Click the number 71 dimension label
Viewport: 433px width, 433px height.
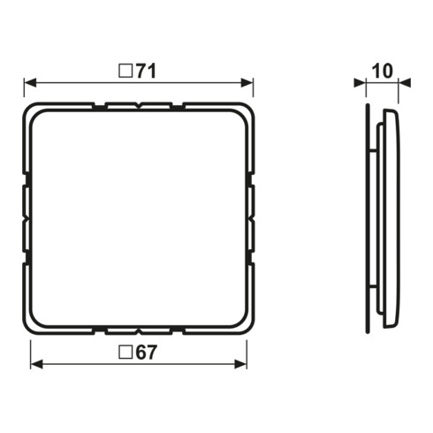[146, 72]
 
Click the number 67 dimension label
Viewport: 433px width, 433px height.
[146, 353]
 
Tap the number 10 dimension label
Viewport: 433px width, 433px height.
[383, 72]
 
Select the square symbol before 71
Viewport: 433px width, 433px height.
[125, 72]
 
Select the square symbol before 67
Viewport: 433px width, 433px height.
[125, 353]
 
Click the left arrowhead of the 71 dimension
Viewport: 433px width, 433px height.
[30, 83]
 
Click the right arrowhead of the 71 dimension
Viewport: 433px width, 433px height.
[247, 83]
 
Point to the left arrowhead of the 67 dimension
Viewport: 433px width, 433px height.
[36, 364]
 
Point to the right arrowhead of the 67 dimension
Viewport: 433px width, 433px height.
[240, 364]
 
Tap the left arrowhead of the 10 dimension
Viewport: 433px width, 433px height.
[360, 83]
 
